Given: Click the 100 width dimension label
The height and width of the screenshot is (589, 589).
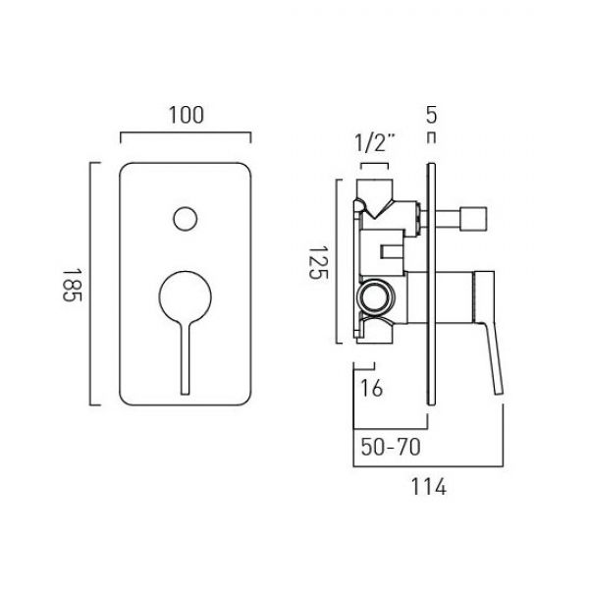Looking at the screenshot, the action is (x=186, y=115).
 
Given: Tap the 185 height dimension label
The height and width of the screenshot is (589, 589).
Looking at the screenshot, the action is (x=72, y=285).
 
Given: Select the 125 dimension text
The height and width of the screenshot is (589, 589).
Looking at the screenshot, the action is (x=318, y=262).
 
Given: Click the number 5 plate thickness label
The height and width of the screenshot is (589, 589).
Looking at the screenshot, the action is (x=432, y=115).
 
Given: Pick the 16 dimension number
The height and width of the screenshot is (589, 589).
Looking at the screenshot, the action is (x=371, y=388).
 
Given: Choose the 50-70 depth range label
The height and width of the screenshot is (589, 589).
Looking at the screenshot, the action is (x=391, y=447).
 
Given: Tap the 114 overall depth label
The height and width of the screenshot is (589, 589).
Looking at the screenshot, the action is (x=429, y=487).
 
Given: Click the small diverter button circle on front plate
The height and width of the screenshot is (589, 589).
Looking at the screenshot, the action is (x=186, y=219).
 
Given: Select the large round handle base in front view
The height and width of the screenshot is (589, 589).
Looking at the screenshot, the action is (x=185, y=296).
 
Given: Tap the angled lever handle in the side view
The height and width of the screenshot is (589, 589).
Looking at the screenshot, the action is (x=488, y=331).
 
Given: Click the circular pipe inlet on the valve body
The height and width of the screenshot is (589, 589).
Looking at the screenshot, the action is (x=376, y=296).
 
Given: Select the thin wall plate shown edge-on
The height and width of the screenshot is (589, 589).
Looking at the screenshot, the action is (x=432, y=284).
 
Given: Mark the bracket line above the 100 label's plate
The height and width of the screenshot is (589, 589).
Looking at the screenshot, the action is (x=186, y=133).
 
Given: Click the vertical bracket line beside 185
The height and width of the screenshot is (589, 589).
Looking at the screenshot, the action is (x=90, y=284).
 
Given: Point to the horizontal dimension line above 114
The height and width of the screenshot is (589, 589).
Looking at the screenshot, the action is (x=428, y=466).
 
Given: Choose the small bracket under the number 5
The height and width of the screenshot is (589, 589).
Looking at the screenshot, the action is (x=432, y=138).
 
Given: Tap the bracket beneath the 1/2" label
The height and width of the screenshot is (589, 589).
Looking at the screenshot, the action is (x=374, y=164).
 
